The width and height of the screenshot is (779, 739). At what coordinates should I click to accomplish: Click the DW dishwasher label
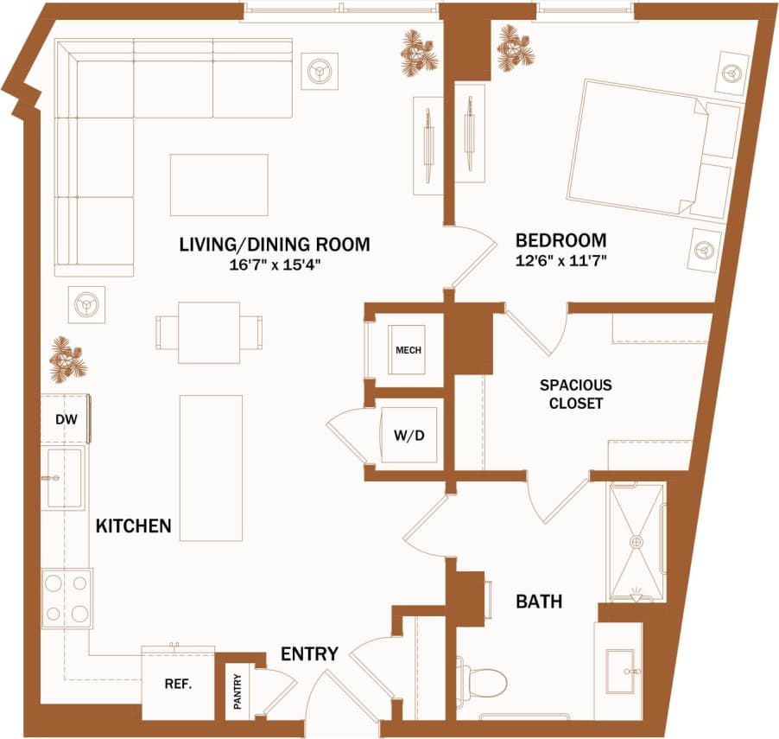point(66,420)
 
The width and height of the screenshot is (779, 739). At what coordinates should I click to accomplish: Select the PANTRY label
point(237,691)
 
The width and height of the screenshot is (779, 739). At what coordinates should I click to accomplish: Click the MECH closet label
point(407,350)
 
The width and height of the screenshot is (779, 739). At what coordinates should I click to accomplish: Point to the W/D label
point(409,435)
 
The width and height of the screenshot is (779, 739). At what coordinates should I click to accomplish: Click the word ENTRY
point(309,654)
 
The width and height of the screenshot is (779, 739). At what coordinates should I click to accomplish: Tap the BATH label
point(539,601)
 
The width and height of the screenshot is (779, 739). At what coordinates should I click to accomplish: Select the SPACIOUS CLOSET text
point(576,394)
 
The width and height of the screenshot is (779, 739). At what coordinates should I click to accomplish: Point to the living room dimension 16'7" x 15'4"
point(274,265)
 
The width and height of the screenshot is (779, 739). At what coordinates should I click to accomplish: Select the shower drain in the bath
point(636,541)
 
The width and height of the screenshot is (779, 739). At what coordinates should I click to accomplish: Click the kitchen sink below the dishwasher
point(63,478)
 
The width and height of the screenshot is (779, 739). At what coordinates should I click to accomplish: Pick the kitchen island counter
point(211,467)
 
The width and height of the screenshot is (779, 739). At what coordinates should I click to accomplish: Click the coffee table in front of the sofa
point(218,184)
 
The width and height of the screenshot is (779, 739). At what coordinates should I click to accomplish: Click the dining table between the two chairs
point(209,332)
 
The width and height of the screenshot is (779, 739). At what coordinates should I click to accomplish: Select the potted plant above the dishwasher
point(66,359)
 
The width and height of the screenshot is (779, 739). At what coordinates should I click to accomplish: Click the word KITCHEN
point(133,526)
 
